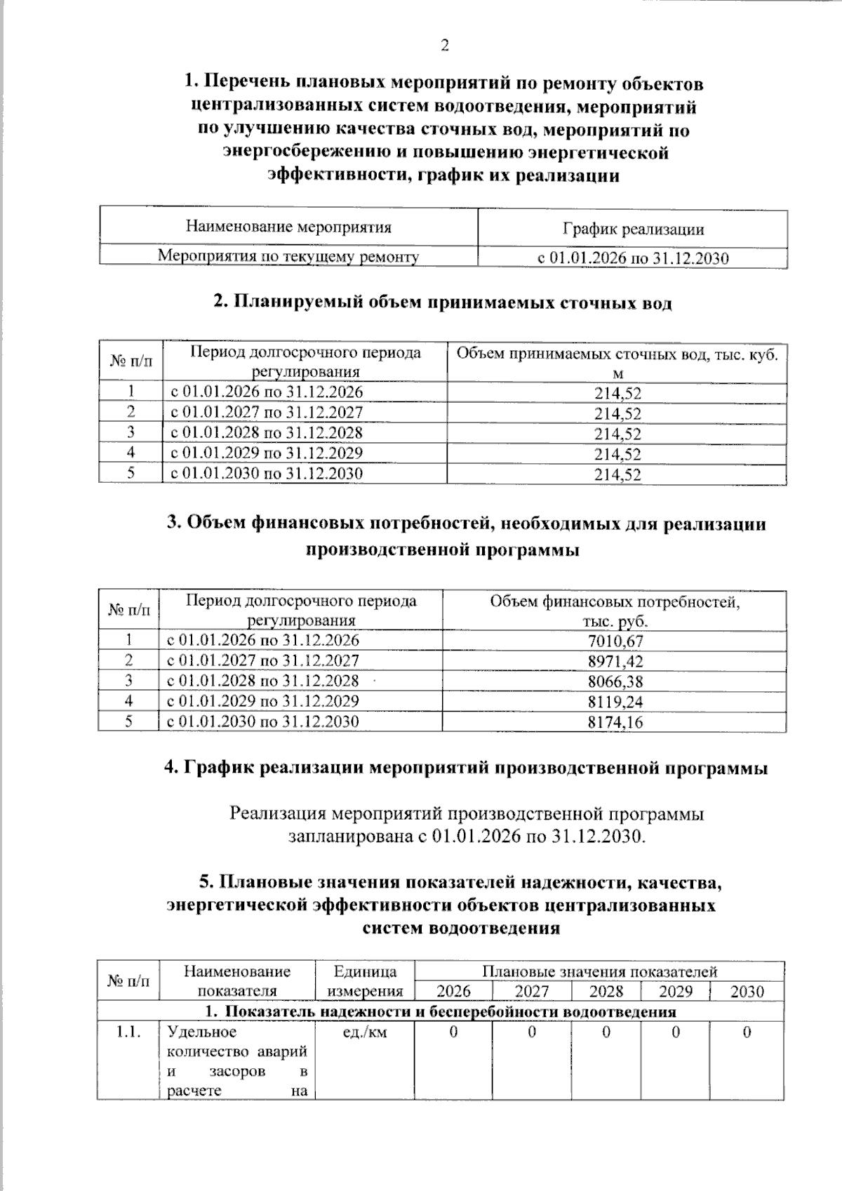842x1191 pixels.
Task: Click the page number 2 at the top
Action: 444,46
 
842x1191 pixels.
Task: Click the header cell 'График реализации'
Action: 633,229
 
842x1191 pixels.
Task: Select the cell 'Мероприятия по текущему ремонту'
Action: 288,256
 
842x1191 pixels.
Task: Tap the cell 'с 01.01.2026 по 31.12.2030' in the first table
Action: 633,258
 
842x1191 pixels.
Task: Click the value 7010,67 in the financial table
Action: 615,641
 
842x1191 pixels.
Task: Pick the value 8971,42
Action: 615,661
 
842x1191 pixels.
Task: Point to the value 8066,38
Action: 615,681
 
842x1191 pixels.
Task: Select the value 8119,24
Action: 615,702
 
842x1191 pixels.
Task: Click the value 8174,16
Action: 615,722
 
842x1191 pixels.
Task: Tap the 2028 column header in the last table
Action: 606,992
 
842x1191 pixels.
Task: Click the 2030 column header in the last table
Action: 747,992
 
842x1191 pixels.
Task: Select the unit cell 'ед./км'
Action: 365,1032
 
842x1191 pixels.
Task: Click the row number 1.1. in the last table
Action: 129,1032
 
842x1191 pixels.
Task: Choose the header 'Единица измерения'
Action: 365,981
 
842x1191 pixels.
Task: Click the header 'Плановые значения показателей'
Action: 599,972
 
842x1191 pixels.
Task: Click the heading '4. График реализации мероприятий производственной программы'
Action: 466,768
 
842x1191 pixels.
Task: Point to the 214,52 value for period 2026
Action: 617,394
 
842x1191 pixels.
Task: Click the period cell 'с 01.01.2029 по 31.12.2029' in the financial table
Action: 262,701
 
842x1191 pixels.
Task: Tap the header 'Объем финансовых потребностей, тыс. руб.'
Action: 615,611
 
